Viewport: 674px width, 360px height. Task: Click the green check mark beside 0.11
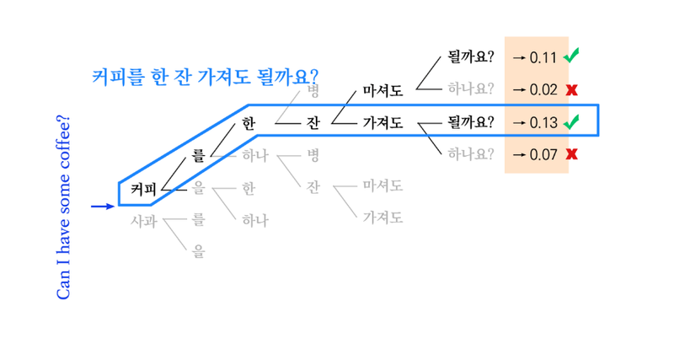[x=571, y=56]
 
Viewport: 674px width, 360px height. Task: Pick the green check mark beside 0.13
[x=571, y=121]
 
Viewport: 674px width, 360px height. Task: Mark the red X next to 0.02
[x=571, y=89]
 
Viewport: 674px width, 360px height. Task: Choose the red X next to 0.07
[x=571, y=154]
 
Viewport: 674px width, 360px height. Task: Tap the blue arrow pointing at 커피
[x=101, y=206]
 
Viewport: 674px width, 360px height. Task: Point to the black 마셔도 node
[x=383, y=89]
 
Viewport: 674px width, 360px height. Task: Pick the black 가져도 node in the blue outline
[x=383, y=122]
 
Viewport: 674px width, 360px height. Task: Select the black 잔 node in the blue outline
[x=313, y=122]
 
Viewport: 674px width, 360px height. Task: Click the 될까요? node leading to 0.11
[x=471, y=57]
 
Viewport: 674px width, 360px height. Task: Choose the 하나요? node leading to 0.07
[x=471, y=154]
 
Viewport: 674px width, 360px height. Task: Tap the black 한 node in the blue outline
[x=247, y=122]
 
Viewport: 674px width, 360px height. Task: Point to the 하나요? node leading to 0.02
[x=471, y=89]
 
